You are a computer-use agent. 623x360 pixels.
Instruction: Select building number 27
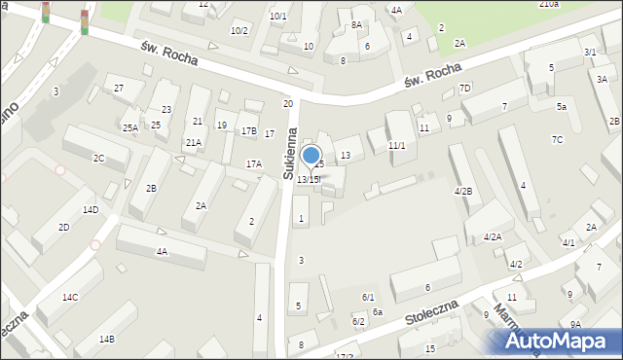[x=119, y=89]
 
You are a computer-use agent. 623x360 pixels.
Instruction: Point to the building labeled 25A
[x=129, y=127]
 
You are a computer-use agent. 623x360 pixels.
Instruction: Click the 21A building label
[x=194, y=142]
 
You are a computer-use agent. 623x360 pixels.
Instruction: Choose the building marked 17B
[x=248, y=131]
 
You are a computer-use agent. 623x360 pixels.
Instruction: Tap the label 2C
[x=98, y=158]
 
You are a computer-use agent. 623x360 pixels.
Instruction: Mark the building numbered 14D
[x=91, y=209]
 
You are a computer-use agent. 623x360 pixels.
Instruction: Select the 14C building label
[x=70, y=297]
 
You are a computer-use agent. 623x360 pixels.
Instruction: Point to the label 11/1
[x=396, y=146]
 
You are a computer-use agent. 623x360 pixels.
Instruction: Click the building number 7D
[x=465, y=89]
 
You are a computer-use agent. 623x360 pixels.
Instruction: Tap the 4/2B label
[x=463, y=191]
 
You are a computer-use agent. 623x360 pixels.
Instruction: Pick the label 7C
[x=557, y=139]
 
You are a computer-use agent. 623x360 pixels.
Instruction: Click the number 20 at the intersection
[x=287, y=103]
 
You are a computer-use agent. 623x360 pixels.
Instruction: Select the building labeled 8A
[x=356, y=24]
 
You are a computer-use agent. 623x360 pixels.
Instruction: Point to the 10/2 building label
[x=239, y=30]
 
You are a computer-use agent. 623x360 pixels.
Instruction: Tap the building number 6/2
[x=358, y=321]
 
